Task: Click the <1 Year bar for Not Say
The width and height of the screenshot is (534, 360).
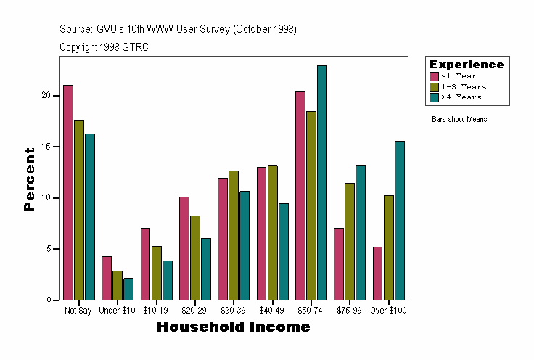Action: [68, 192]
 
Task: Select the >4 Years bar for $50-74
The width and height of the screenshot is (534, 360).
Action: [322, 182]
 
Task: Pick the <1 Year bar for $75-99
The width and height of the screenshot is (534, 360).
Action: [339, 263]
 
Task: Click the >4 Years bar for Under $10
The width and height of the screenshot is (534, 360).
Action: [128, 289]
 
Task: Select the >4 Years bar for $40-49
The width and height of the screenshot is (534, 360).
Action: [284, 251]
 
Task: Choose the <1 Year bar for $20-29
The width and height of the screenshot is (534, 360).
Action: [184, 248]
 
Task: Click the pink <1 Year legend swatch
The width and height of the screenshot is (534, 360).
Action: [434, 76]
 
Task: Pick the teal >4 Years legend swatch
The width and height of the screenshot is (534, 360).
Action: [434, 97]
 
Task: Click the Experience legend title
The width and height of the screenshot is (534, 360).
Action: [467, 65]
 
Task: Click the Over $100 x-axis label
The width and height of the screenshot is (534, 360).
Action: [389, 311]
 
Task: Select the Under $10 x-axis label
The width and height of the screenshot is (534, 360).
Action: [118, 311]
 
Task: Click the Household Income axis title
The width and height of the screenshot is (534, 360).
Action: [233, 327]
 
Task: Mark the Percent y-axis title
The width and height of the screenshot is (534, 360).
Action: [29, 179]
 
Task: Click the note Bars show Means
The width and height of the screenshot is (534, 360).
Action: [459, 119]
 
